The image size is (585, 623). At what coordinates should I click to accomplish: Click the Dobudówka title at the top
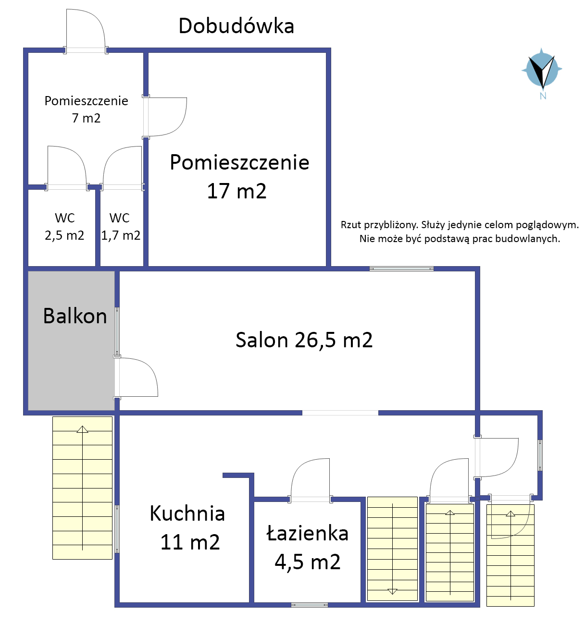point(236,26)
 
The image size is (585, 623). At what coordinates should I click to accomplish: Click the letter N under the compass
point(543,96)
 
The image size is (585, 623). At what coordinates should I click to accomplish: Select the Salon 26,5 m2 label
point(304,340)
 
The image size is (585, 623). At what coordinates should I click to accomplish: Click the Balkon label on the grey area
point(75,316)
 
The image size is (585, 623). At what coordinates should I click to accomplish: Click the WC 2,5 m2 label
point(64,227)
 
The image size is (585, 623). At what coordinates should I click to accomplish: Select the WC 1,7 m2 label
point(121,227)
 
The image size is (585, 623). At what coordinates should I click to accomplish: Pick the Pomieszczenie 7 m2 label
point(87,109)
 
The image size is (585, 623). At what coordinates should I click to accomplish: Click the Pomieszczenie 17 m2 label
point(239,176)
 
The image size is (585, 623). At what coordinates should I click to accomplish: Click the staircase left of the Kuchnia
point(82,488)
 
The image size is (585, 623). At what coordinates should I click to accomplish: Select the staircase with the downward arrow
point(393,549)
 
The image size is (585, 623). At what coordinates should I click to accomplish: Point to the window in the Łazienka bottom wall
point(309,605)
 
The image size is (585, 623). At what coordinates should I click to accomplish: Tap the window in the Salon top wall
point(402,269)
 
